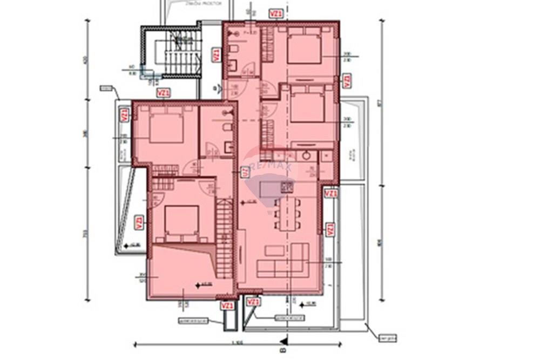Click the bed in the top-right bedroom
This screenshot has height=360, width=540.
pos(304,47)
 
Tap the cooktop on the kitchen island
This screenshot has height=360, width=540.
pos(286,187)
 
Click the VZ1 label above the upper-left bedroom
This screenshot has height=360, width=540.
pos(163,93)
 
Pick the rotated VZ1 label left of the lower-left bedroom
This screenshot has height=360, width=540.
pos(139,222)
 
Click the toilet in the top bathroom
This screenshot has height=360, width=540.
pos(233,49)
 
